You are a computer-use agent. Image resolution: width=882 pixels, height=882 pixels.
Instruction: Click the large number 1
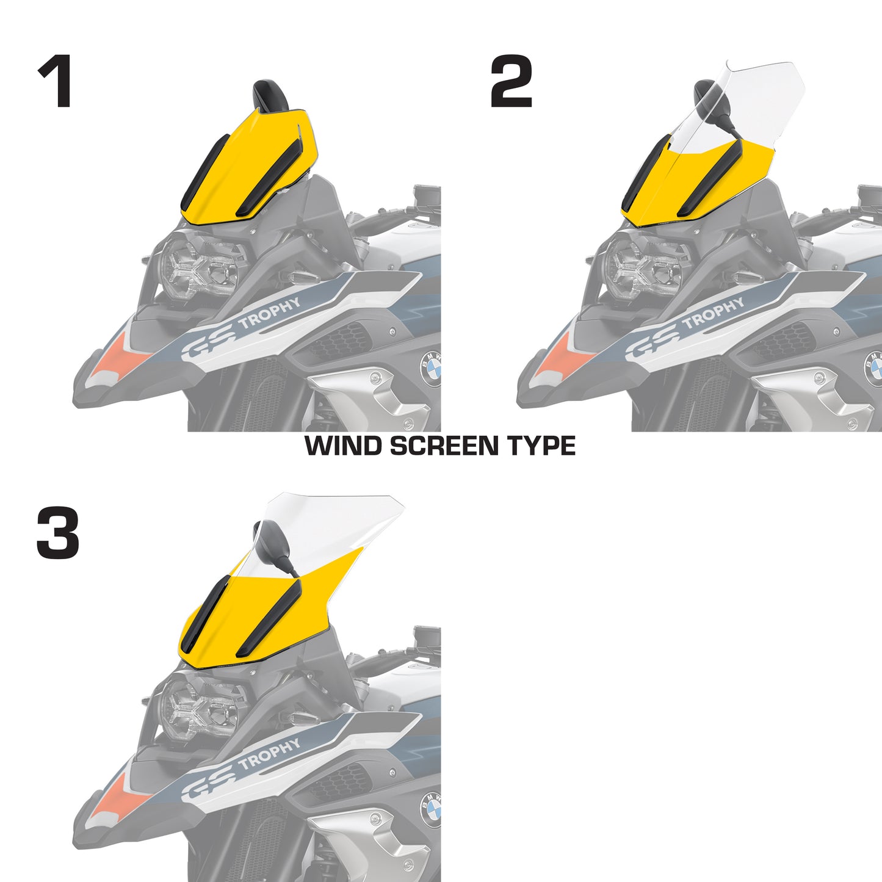click(x=56, y=81)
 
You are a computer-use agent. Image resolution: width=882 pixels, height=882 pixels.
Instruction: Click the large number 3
click(x=58, y=534)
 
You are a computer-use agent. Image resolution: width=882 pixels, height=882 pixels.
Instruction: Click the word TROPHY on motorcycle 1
click(x=270, y=312)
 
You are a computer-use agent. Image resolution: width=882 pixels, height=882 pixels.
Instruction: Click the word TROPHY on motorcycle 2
click(x=713, y=312)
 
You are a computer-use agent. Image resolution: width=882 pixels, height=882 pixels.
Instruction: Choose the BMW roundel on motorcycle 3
click(x=432, y=809)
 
